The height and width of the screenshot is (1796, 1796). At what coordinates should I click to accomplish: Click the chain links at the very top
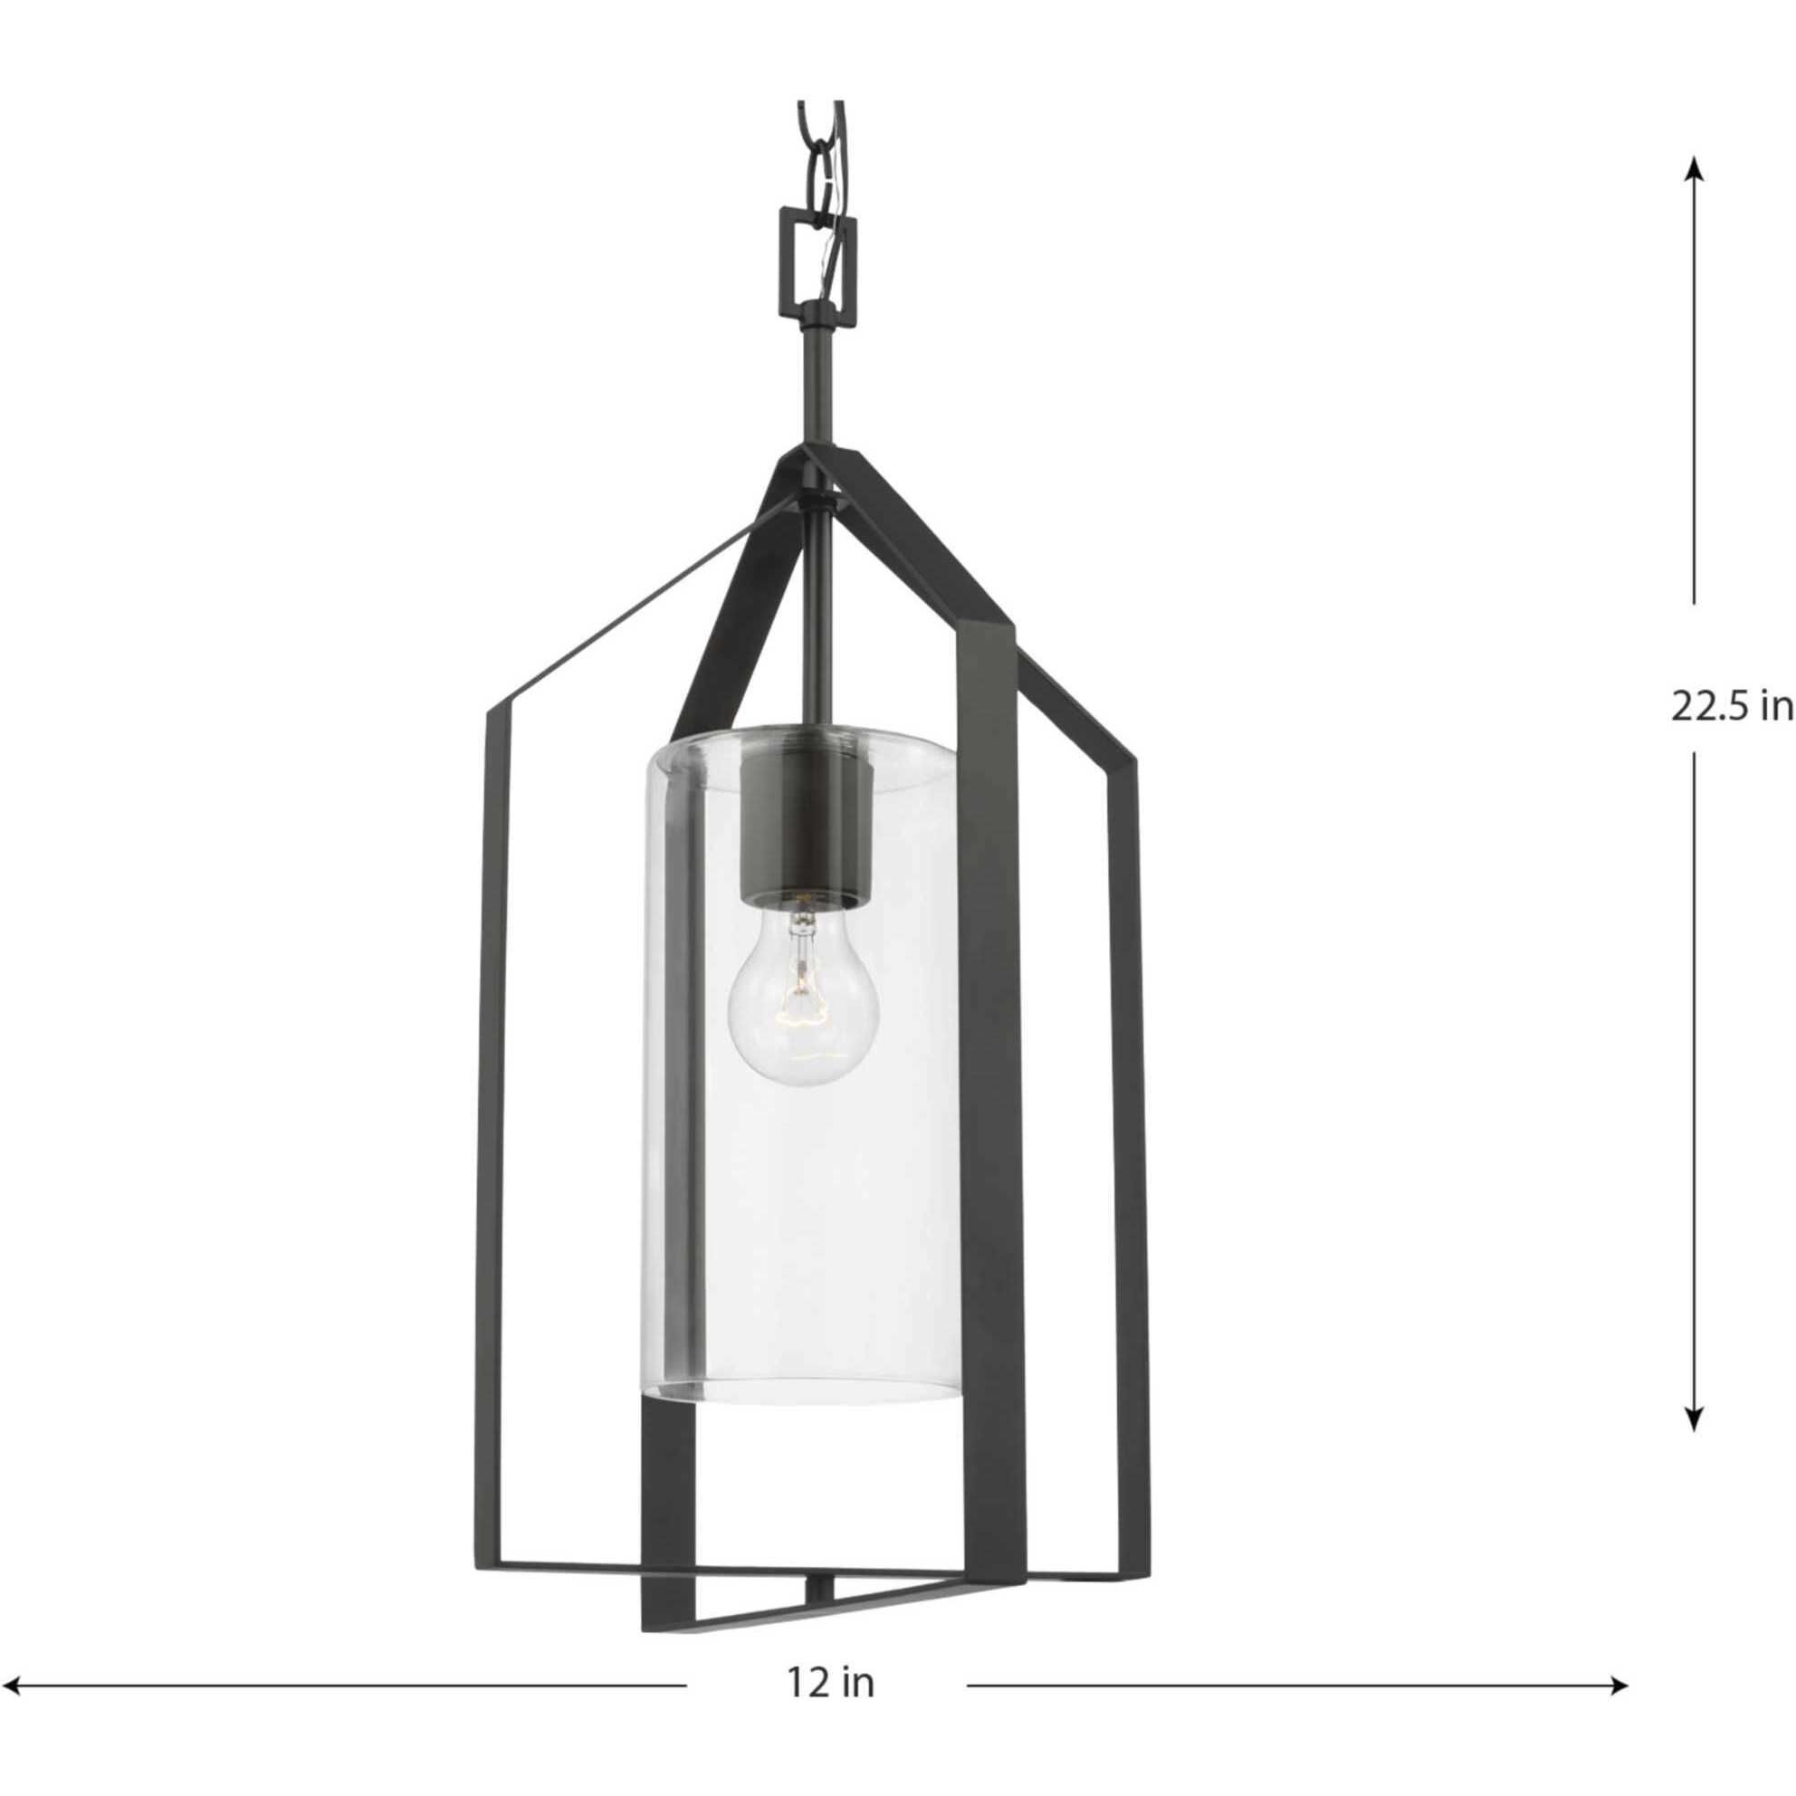point(820,148)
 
